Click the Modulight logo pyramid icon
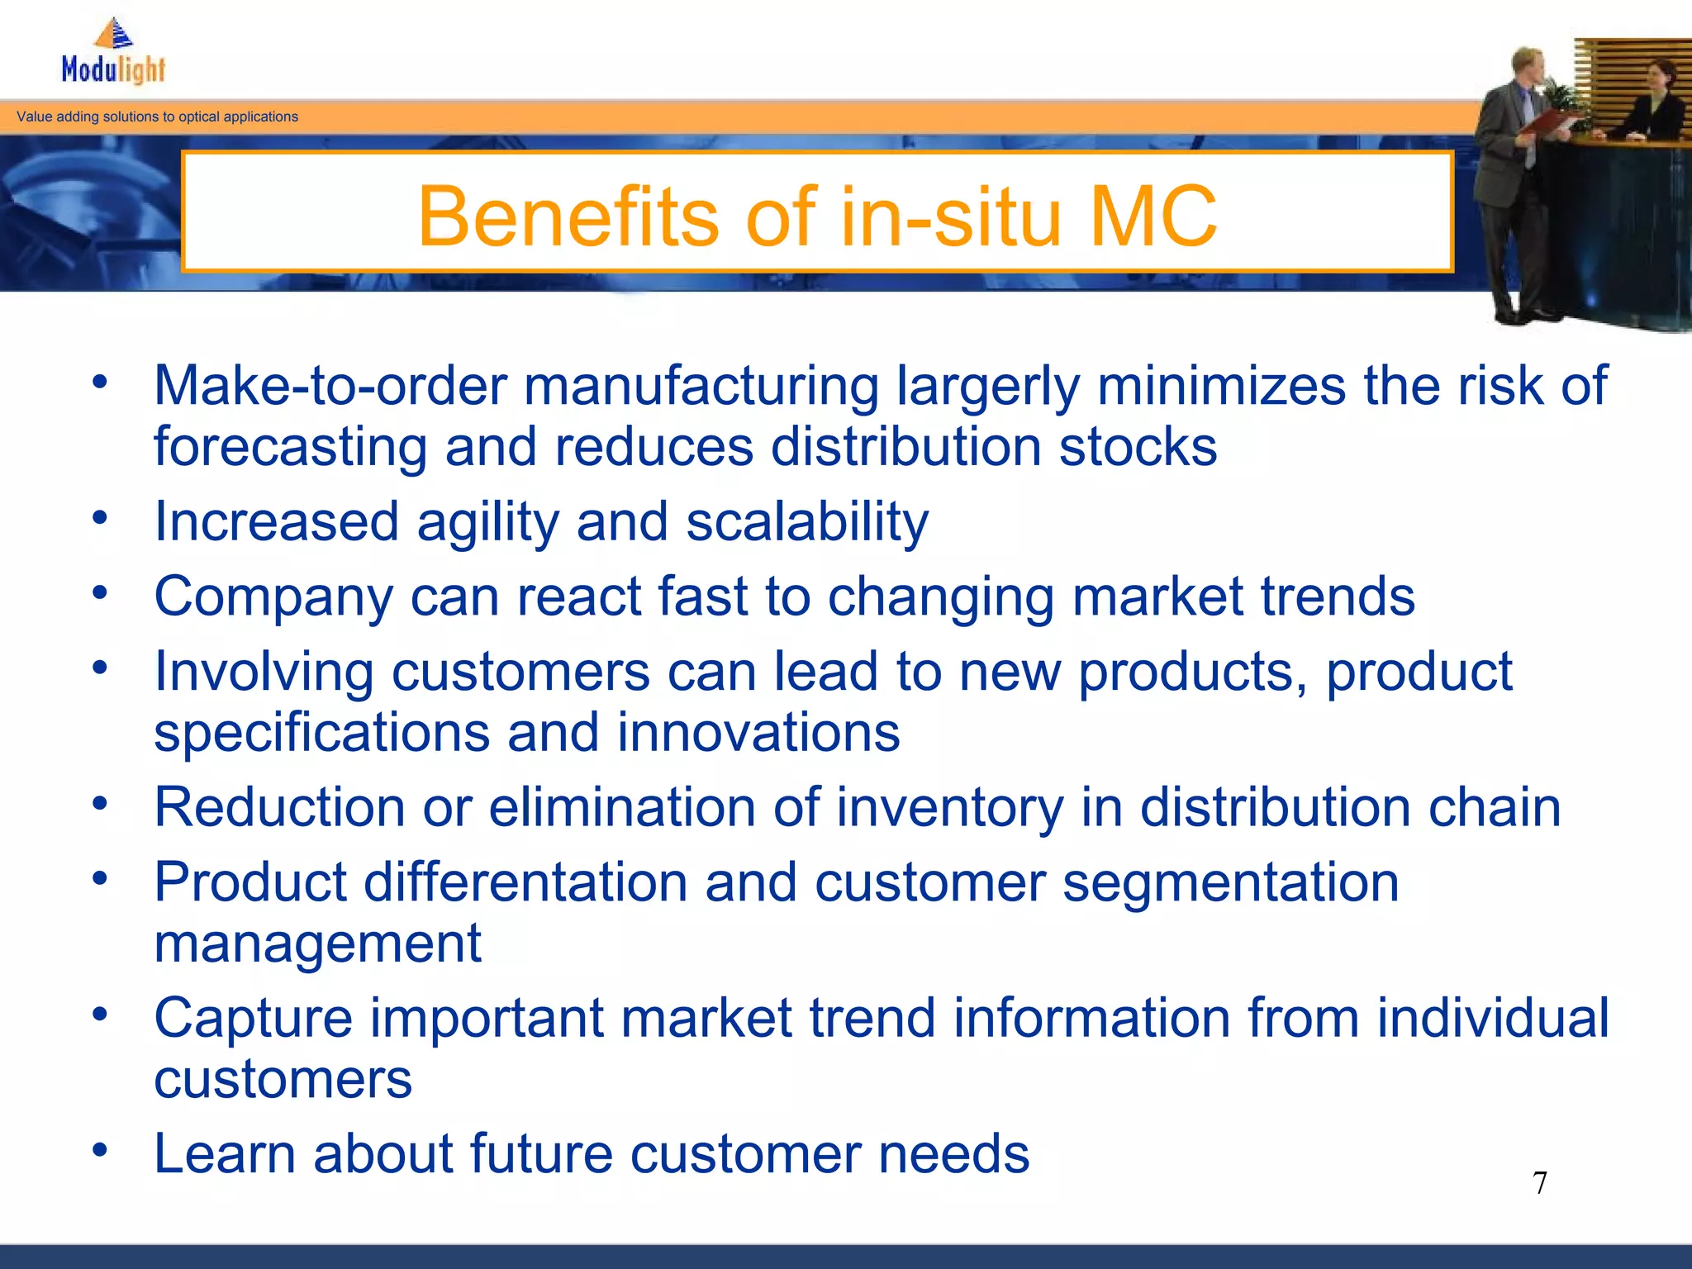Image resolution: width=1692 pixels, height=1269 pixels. (x=114, y=33)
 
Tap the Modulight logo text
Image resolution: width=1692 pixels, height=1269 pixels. (x=114, y=69)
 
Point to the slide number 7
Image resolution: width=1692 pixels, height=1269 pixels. (x=1540, y=1183)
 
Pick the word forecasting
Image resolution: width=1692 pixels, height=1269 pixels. (x=290, y=448)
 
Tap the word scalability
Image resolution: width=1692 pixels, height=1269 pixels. (x=807, y=523)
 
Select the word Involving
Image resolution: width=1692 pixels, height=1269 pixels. (x=264, y=672)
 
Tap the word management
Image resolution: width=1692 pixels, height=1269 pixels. (x=317, y=944)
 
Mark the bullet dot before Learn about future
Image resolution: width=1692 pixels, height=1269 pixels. (x=100, y=1150)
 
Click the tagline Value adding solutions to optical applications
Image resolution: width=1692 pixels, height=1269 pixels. (x=157, y=117)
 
